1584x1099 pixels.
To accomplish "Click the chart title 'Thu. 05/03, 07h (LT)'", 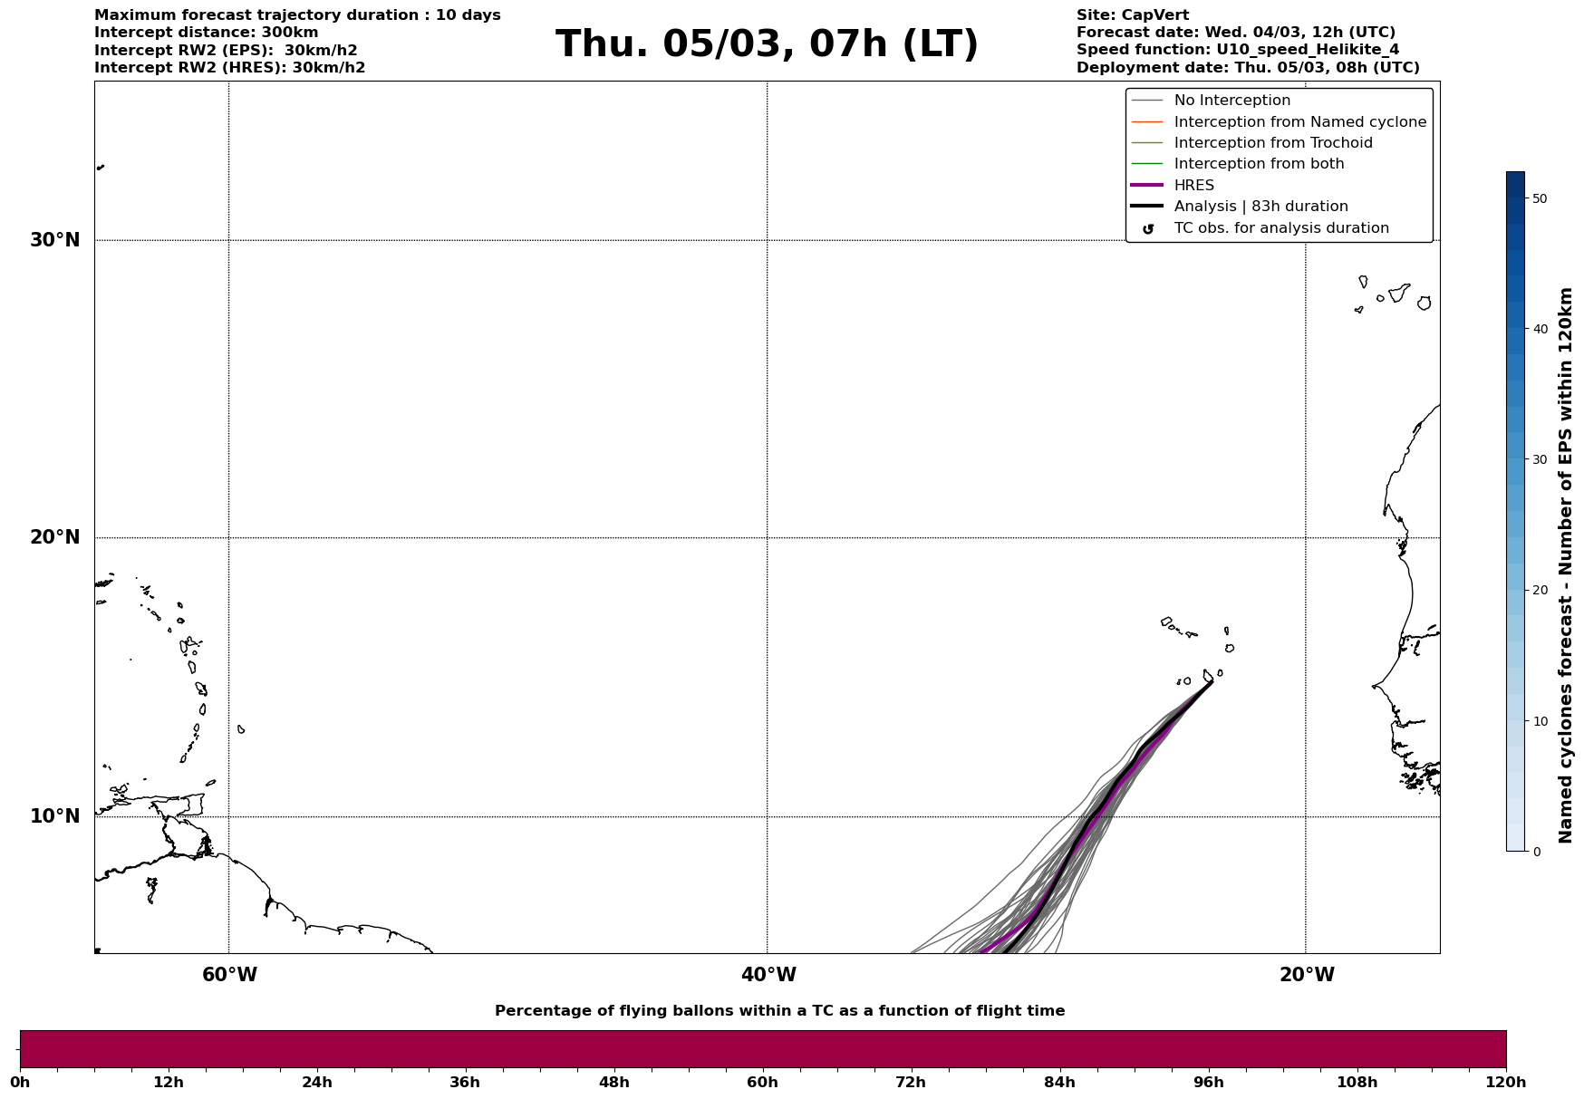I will click(767, 44).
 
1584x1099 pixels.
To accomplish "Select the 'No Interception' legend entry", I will click(1231, 101).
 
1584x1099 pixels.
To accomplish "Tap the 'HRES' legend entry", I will click(1193, 186).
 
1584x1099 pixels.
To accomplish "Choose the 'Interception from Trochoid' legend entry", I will click(1272, 143).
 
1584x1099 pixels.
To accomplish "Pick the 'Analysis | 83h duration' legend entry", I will click(1260, 207).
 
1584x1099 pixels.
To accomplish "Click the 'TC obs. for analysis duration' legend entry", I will click(1280, 228).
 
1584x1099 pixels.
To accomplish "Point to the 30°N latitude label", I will click(55, 240).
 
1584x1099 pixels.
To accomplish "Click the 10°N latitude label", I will click(55, 816).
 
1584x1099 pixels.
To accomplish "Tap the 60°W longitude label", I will click(229, 975).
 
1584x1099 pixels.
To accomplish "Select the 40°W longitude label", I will click(768, 975).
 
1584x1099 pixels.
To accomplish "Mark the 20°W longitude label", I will click(1307, 975).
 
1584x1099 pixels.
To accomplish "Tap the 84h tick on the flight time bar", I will click(1059, 1083).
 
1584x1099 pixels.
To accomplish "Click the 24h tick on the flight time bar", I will click(317, 1083).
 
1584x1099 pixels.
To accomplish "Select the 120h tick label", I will click(1506, 1083).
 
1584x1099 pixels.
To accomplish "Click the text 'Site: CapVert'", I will click(1133, 15).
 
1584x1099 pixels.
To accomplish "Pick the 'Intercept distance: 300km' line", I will click(207, 33).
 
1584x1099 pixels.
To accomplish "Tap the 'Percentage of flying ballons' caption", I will click(779, 1011).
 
